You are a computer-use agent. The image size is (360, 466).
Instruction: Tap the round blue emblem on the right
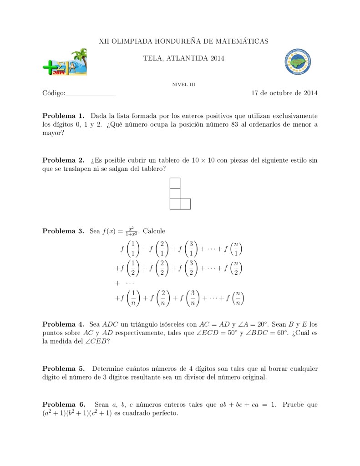(x=297, y=62)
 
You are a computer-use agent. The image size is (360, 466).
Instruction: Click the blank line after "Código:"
(x=91, y=94)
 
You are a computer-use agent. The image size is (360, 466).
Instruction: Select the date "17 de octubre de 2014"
(x=284, y=93)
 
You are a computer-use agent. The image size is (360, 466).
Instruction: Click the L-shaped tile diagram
(x=179, y=194)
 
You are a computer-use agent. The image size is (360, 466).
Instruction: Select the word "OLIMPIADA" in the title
(x=132, y=41)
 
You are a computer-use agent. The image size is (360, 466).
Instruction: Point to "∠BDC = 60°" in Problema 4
(x=256, y=333)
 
